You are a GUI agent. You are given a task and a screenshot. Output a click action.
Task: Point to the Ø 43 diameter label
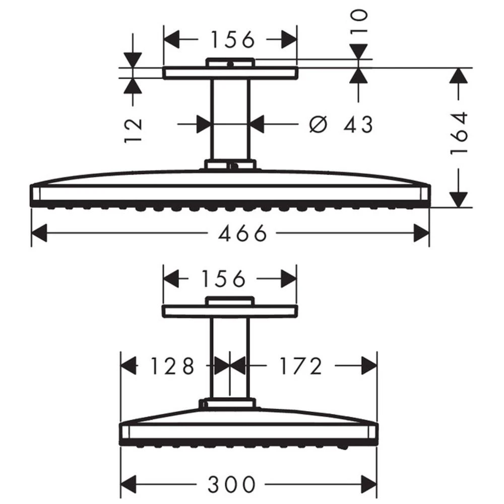point(340,124)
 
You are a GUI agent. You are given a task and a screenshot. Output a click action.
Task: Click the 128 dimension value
point(172,366)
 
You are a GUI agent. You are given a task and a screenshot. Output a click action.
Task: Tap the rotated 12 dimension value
point(134,130)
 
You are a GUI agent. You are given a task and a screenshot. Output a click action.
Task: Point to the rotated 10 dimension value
point(359,22)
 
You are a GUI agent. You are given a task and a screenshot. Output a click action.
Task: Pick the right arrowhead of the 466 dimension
point(420,233)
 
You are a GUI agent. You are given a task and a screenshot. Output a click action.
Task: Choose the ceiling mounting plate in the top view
point(230,74)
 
